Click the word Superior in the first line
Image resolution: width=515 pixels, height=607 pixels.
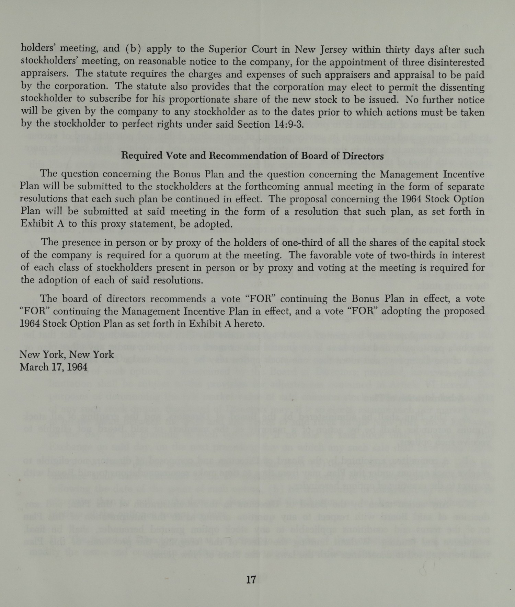click(x=229, y=49)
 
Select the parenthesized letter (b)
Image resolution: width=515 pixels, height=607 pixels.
click(x=131, y=49)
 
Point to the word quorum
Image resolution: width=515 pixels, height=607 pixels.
click(x=203, y=255)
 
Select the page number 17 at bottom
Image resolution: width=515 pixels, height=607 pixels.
click(x=251, y=580)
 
